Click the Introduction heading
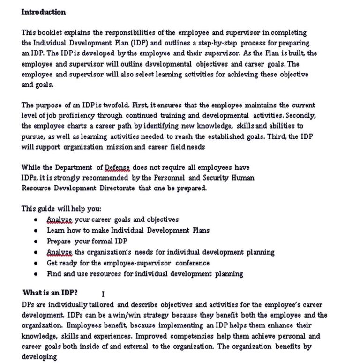click(44, 12)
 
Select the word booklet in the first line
click(52, 32)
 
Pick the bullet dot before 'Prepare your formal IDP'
click(36, 242)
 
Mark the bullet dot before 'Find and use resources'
click(36, 274)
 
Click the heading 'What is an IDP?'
click(50, 292)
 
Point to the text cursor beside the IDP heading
click(103, 294)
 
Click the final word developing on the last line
click(39, 356)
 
